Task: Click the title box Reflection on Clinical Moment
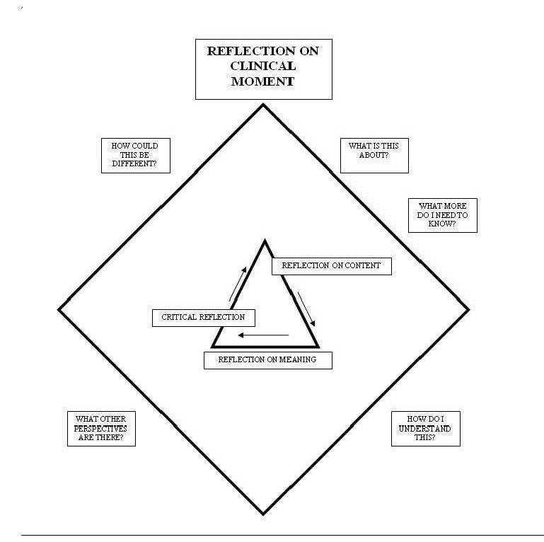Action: pos(264,69)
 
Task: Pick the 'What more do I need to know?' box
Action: pos(443,214)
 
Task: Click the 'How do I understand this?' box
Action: pos(425,428)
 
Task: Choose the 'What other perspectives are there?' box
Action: pos(101,428)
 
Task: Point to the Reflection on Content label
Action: pos(331,265)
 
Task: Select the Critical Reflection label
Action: pos(203,318)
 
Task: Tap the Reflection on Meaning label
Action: pos(267,359)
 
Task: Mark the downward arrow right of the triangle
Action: pos(306,308)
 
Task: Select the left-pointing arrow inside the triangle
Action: pos(263,335)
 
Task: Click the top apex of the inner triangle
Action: pos(265,241)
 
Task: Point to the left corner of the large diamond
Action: pos(59,309)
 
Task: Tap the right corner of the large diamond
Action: pos(468,309)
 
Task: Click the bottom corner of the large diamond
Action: pos(263,514)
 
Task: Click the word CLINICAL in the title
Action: pos(264,69)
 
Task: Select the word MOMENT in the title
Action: pos(264,81)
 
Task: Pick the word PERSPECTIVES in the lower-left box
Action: pos(101,428)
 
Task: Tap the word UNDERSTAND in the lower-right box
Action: pos(425,428)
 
